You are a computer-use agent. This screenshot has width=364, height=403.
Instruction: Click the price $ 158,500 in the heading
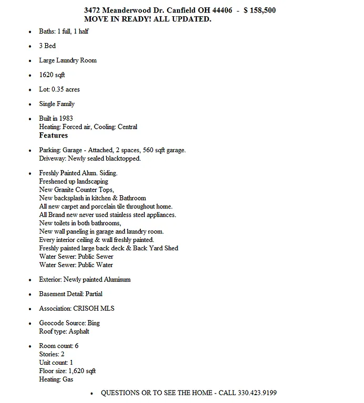click(259, 10)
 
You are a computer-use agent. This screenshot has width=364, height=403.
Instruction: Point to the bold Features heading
click(54, 135)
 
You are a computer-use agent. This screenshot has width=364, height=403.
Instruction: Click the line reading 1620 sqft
click(52, 75)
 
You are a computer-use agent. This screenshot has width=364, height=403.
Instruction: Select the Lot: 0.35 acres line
click(59, 89)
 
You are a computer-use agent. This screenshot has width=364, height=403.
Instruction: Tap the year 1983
click(66, 119)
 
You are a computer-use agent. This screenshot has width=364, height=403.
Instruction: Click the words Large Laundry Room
click(68, 60)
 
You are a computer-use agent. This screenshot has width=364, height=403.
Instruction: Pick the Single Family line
click(57, 104)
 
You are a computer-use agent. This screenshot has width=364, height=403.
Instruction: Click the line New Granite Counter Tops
click(76, 189)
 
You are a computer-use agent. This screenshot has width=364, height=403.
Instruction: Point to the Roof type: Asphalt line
click(64, 331)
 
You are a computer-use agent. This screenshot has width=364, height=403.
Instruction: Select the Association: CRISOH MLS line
click(76, 308)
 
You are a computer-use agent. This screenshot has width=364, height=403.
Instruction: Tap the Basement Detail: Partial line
click(70, 294)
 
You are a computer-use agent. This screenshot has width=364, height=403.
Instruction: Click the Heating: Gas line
click(56, 379)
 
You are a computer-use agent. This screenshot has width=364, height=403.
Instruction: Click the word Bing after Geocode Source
click(93, 323)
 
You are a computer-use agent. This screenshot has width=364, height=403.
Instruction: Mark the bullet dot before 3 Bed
click(29, 46)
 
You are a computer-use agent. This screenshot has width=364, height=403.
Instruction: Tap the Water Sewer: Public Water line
click(76, 265)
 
